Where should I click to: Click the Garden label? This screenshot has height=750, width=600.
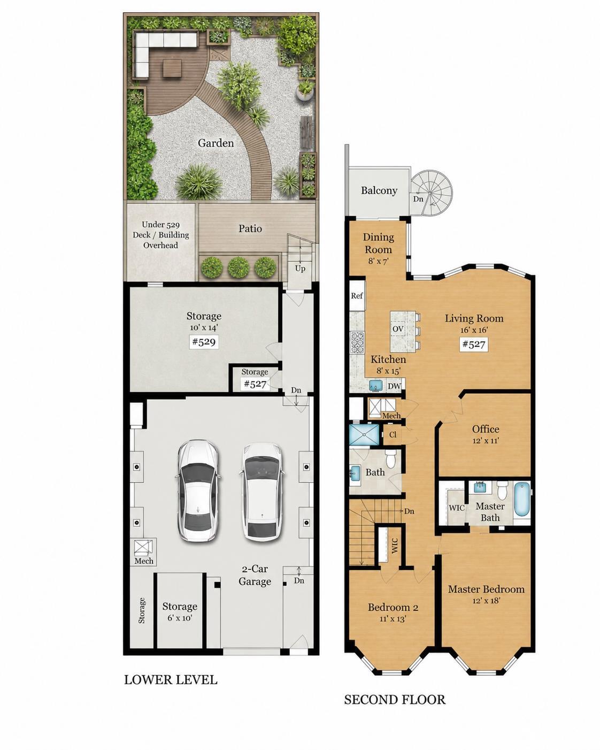pos(216,143)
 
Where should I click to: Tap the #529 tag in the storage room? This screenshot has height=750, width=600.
pos(204,341)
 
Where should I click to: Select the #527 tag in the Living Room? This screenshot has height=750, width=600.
pos(473,345)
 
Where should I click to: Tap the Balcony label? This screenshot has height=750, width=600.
pos(379,190)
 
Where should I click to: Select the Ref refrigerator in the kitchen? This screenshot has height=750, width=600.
pos(357,295)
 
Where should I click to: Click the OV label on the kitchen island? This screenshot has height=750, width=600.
pos(398,328)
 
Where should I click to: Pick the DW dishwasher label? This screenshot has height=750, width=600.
pos(394,386)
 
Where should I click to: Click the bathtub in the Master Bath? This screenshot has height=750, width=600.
pos(521,500)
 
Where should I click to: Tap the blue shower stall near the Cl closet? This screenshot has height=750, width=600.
pos(364,434)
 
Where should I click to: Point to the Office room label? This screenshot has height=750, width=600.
pos(486,429)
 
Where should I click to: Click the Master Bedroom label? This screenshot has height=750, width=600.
pos(486,589)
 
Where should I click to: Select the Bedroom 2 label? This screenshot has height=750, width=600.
pos(393,608)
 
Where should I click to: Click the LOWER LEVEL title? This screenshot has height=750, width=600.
pos(171,679)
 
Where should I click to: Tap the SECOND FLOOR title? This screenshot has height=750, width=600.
pos(395,700)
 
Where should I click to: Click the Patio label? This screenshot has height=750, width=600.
pos(250,228)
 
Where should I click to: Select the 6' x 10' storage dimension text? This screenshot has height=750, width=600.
pos(180,618)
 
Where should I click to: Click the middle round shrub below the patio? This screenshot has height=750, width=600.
pos(239,267)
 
